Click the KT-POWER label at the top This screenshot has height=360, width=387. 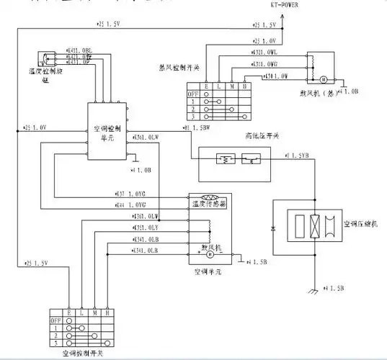283,4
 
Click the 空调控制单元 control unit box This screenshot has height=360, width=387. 107,134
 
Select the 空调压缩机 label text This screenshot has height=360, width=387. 360,224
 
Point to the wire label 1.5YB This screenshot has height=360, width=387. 298,155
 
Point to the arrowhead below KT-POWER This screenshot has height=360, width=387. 283,15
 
